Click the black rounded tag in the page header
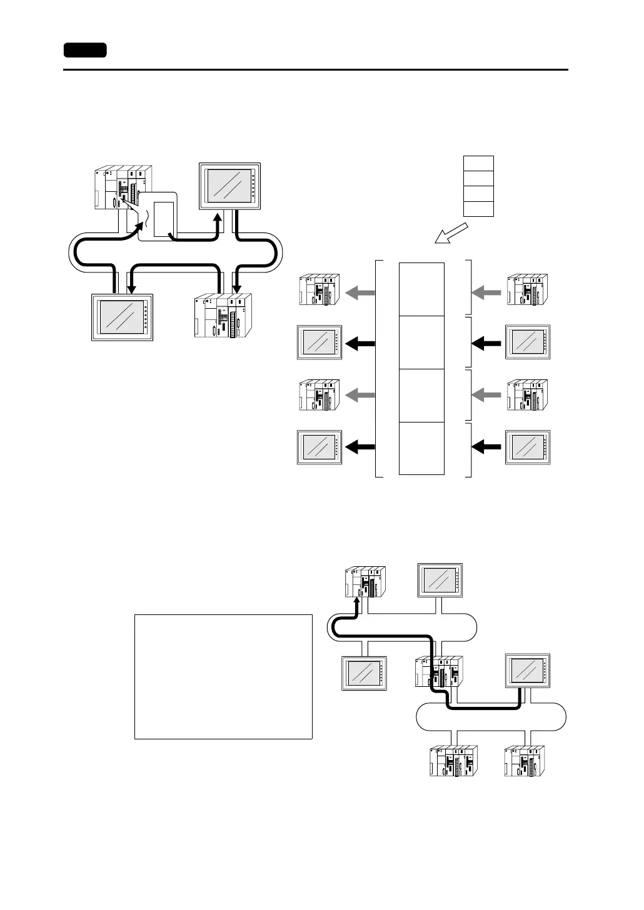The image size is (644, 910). coord(85,50)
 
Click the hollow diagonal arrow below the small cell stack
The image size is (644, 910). coord(450,235)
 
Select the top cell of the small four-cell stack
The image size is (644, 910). coord(478,163)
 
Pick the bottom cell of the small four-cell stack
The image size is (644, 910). coord(478,209)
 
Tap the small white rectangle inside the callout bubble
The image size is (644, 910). coord(163,219)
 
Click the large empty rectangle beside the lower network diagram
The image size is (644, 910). coord(223,676)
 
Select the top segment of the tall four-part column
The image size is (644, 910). coord(421,289)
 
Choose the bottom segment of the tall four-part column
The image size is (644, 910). coord(421,448)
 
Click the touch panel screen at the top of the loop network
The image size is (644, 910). coord(229,185)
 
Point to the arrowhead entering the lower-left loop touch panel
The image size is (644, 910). coord(132,288)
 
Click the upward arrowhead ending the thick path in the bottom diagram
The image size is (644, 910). coord(357,602)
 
